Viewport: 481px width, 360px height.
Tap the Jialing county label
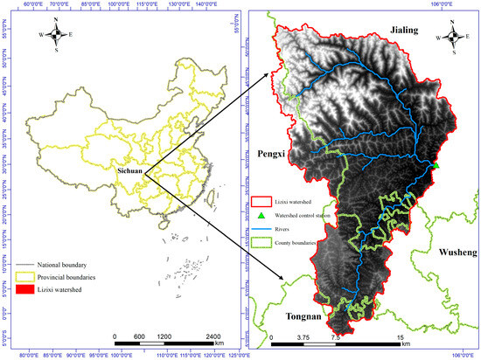(405, 31)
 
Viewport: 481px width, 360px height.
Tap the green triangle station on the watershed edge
(436, 164)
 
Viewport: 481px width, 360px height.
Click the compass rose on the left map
(56, 35)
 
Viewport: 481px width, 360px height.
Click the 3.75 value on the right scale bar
(303, 337)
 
